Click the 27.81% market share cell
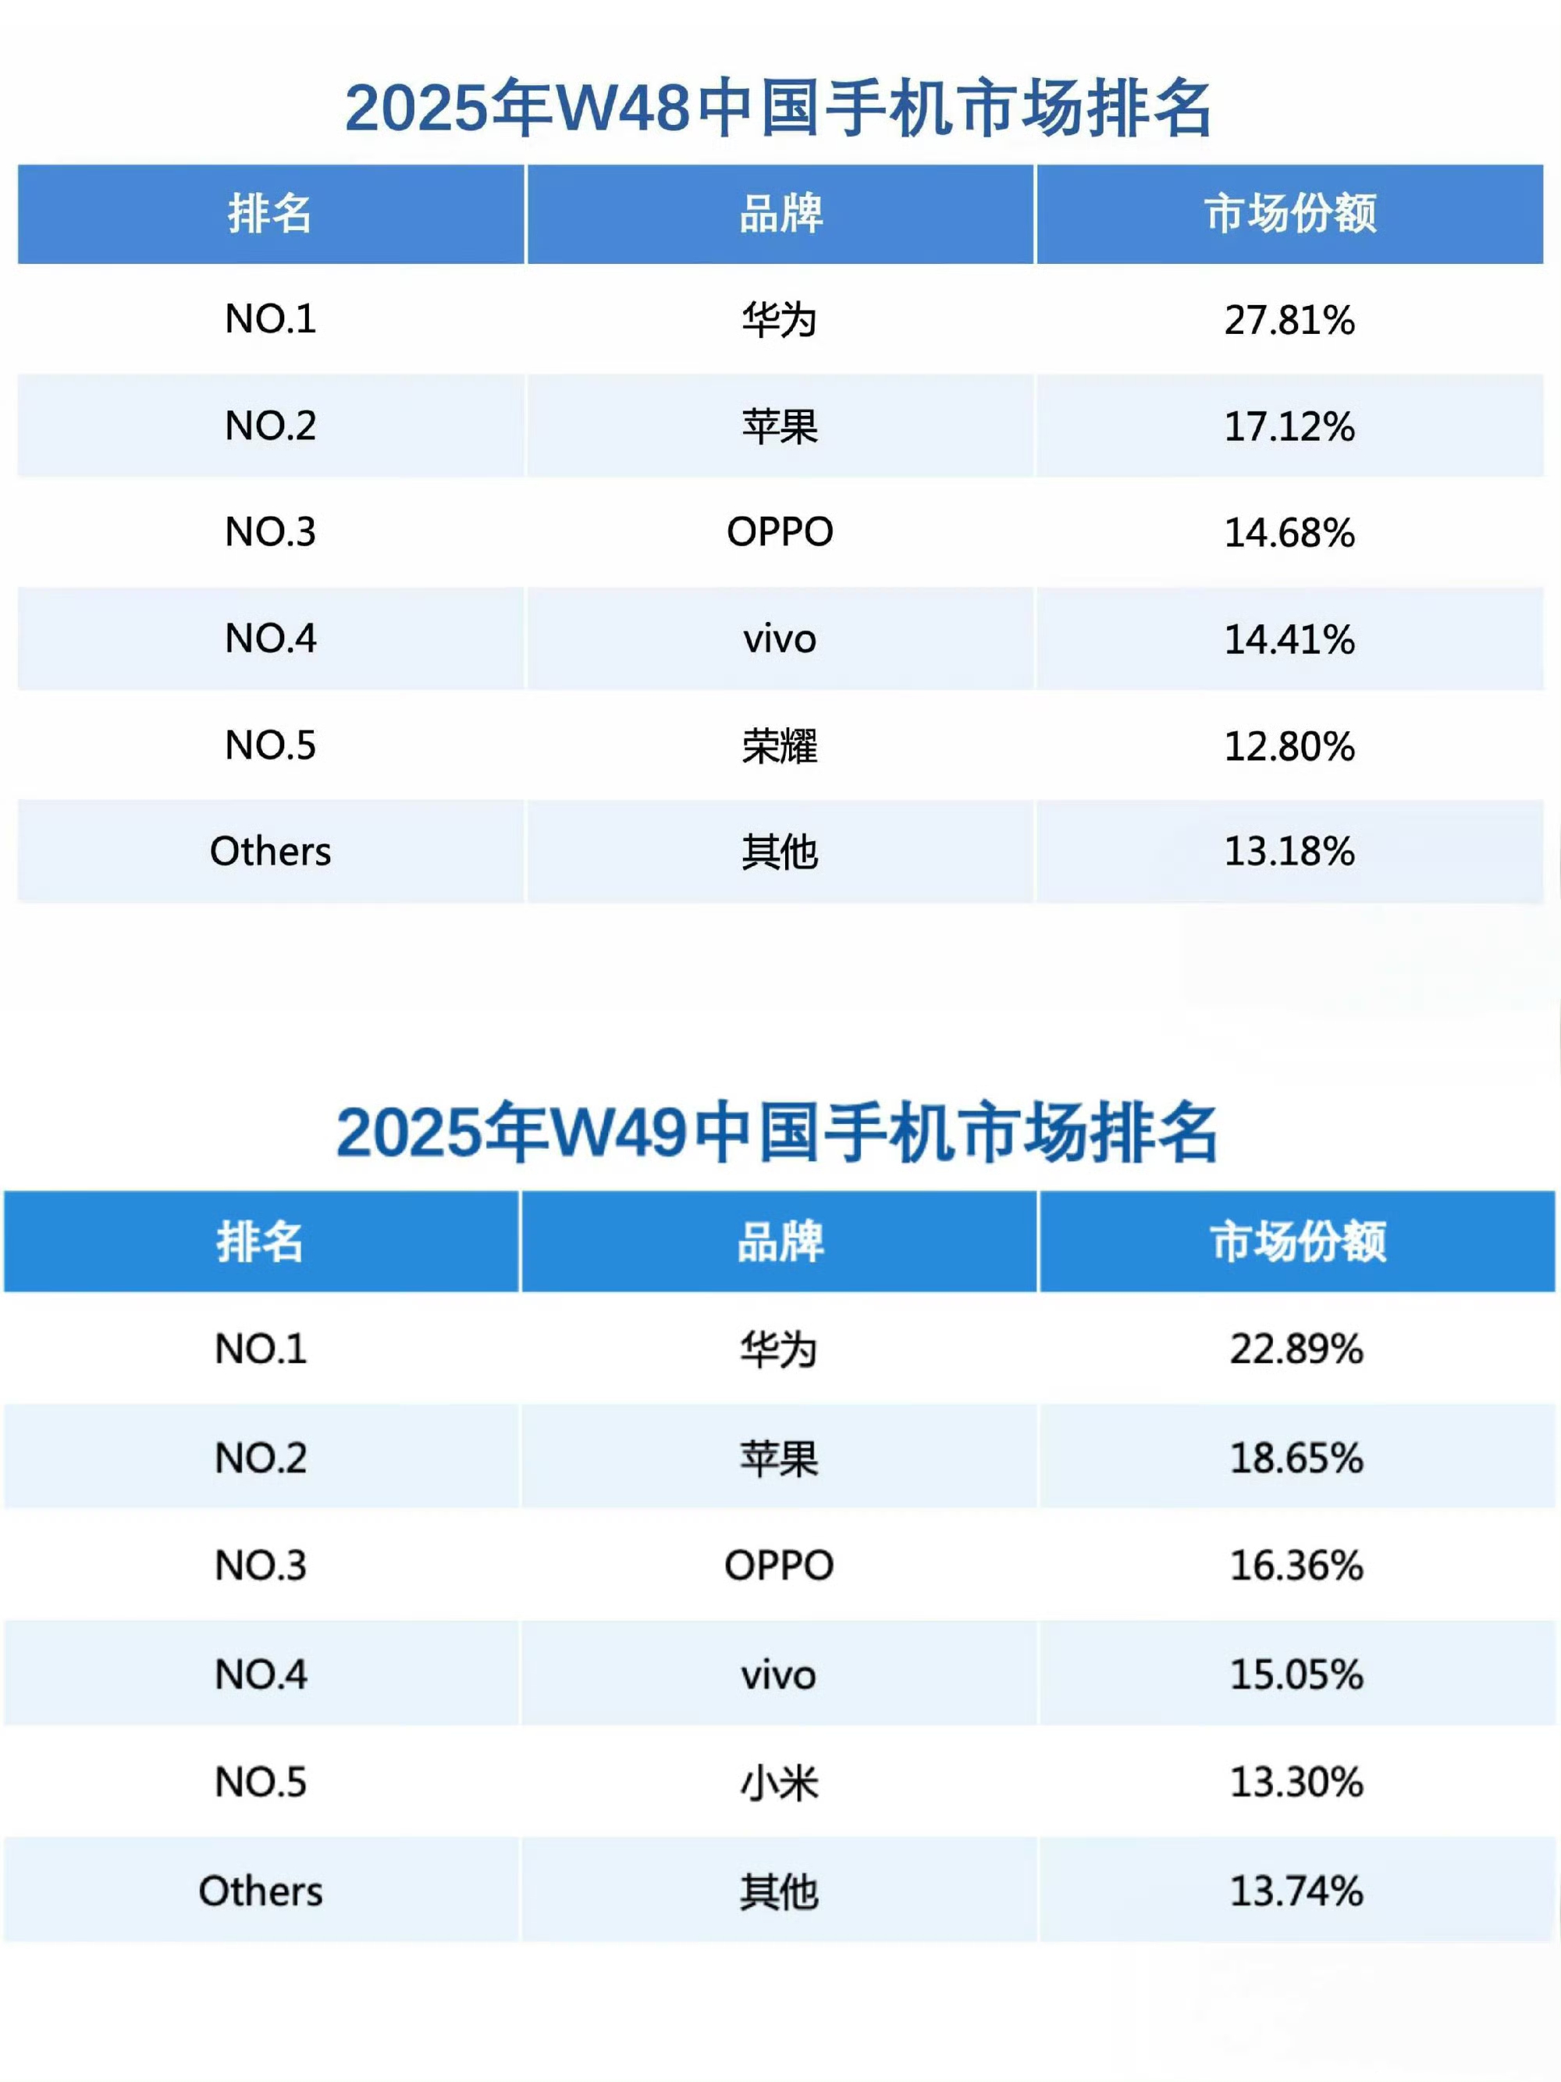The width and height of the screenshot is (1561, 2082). (x=1289, y=320)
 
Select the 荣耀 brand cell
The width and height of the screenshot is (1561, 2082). (x=780, y=746)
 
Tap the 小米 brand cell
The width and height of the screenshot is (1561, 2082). (x=779, y=1782)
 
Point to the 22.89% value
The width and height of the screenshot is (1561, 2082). (x=1296, y=1348)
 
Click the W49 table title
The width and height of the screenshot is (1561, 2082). (x=777, y=1132)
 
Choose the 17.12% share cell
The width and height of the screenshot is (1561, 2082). (x=1289, y=426)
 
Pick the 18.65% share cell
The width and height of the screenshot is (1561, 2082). (x=1296, y=1458)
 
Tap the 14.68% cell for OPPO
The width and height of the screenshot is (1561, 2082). (x=1289, y=533)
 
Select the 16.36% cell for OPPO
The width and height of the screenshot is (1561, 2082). (x=1296, y=1566)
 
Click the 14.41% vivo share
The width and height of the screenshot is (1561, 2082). (x=1289, y=640)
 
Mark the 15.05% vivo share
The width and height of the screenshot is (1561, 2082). (x=1296, y=1675)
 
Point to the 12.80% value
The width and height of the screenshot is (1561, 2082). (x=1289, y=746)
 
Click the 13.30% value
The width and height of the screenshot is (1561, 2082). (x=1296, y=1782)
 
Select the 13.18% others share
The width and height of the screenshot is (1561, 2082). (x=1289, y=852)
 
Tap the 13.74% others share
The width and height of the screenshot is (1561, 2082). (x=1296, y=1891)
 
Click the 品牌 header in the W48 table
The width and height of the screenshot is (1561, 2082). (x=780, y=214)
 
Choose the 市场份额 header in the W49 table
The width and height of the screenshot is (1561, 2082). (x=1296, y=1242)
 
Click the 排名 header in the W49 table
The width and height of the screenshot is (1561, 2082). (x=260, y=1242)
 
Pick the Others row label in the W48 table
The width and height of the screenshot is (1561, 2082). (x=270, y=852)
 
